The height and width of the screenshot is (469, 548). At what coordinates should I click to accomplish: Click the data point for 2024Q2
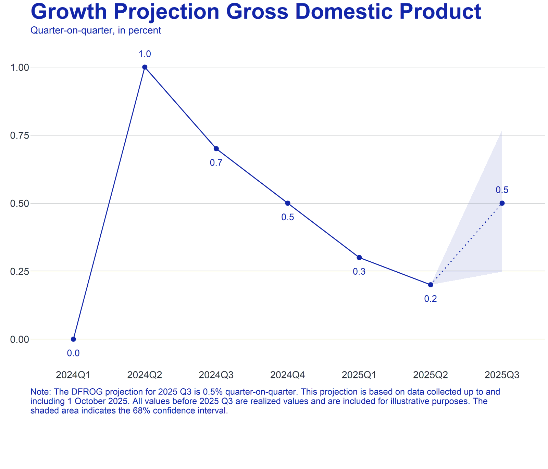[145, 67]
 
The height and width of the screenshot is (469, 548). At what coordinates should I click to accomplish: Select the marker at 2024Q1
[73, 339]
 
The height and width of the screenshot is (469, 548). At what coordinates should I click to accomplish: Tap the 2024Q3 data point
[216, 148]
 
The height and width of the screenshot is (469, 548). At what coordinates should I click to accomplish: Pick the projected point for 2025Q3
[502, 203]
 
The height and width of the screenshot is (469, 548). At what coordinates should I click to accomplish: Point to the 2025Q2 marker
[431, 285]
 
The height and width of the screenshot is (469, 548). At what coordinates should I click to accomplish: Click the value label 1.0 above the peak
[145, 54]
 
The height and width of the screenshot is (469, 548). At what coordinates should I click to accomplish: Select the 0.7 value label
[216, 163]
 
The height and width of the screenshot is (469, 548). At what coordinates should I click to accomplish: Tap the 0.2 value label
[431, 299]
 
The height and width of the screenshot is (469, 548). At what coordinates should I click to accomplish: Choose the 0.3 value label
[359, 272]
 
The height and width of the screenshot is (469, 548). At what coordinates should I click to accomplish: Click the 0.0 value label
[73, 353]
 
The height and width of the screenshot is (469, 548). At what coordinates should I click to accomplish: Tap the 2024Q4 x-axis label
[287, 375]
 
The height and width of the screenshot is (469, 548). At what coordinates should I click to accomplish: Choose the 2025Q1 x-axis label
[359, 375]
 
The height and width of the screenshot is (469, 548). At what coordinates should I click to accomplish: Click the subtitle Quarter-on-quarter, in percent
[96, 30]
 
